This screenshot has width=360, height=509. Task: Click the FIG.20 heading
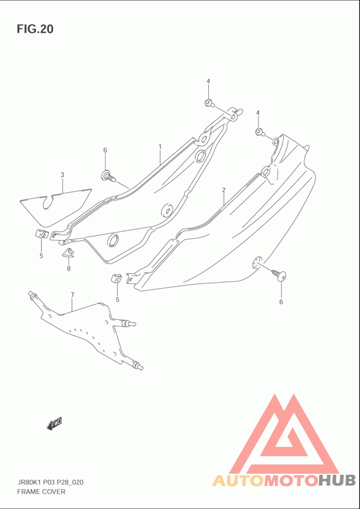point(35,29)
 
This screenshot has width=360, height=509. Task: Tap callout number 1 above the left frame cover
point(160,147)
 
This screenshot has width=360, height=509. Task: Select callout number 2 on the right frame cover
point(224,190)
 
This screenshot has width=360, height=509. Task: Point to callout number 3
point(63,175)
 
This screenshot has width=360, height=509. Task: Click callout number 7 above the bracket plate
point(72,295)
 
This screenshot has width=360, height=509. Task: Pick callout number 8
point(69,269)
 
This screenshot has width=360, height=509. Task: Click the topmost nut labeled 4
point(208,103)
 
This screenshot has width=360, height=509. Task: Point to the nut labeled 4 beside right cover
point(259,132)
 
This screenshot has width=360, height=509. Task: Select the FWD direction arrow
point(54,423)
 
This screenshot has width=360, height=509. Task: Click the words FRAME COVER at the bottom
point(41,491)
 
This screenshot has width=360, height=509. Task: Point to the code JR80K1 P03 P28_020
point(49,482)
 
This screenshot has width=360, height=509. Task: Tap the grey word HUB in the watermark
point(337,480)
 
